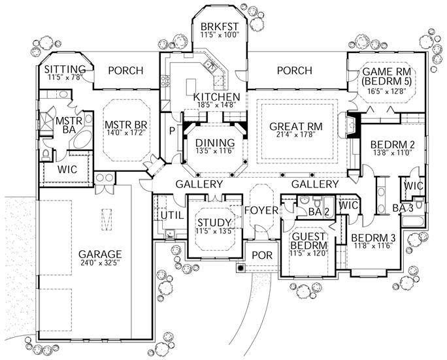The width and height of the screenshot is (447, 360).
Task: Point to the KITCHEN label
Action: (217, 97)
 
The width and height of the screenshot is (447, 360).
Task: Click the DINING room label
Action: (215, 143)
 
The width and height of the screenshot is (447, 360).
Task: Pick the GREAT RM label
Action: (293, 125)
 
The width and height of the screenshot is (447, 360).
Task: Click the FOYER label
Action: (261, 210)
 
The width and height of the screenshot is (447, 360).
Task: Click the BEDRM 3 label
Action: (370, 237)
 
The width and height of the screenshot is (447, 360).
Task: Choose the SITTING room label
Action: (65, 69)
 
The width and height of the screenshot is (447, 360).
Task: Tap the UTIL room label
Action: (169, 215)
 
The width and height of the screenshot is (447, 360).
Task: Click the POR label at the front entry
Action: (261, 255)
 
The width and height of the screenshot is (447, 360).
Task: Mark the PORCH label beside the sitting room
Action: (126, 71)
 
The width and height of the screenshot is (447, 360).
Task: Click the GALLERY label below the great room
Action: (315, 185)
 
